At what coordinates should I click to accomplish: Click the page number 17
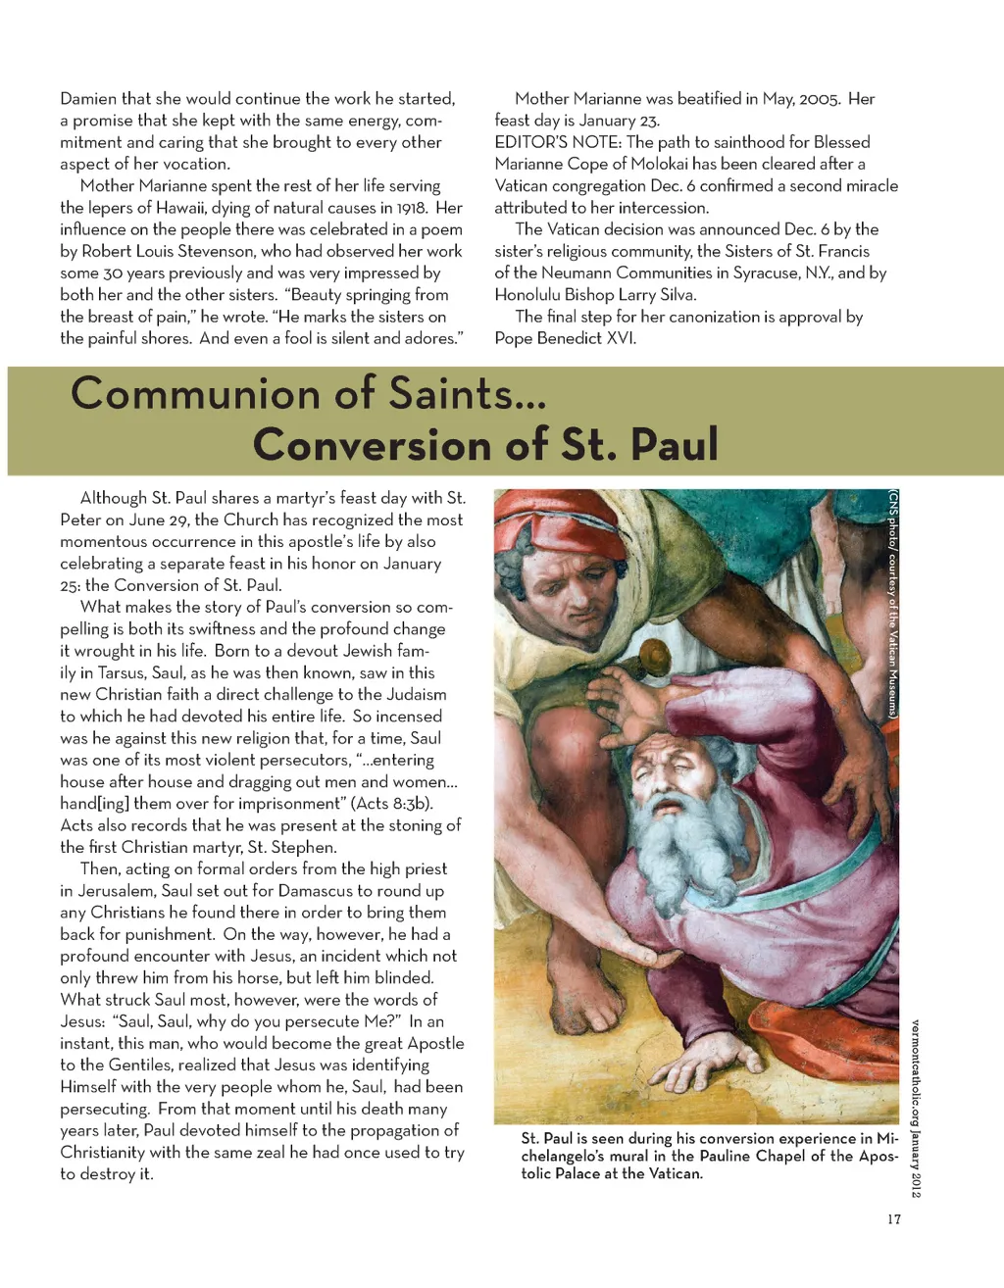893,1219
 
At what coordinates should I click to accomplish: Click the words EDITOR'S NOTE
557,142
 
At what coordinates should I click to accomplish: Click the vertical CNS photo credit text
893,604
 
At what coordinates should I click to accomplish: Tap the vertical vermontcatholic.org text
915,1108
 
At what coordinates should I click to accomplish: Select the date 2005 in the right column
819,99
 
